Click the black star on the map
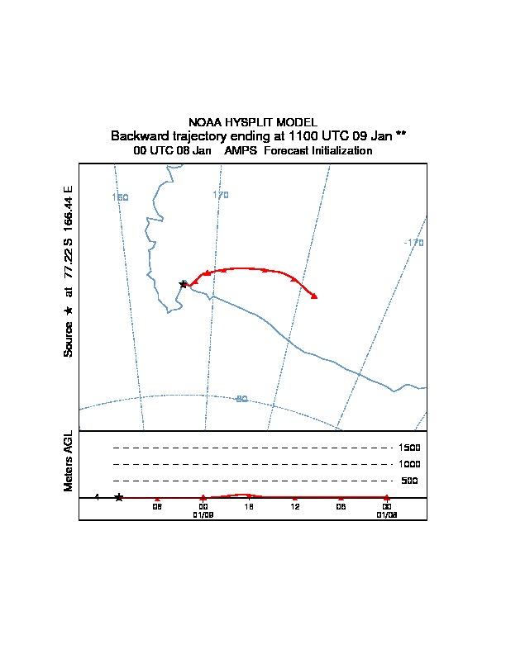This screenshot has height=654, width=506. [x=184, y=284]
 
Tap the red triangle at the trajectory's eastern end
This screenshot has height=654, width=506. [x=314, y=296]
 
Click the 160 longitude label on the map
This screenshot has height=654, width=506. [x=120, y=197]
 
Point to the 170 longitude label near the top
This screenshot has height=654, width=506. [x=220, y=195]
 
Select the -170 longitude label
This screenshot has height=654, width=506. [x=413, y=243]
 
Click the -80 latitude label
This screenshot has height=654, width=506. [x=241, y=399]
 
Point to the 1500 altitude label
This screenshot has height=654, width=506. [x=410, y=448]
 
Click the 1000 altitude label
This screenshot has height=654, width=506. [x=410, y=464]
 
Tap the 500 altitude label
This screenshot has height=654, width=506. [x=410, y=481]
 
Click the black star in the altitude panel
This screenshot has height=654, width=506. [x=119, y=497]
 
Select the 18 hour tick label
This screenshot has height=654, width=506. [x=248, y=506]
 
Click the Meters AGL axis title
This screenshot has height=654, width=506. [x=69, y=462]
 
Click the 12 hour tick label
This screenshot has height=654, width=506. [x=294, y=506]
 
